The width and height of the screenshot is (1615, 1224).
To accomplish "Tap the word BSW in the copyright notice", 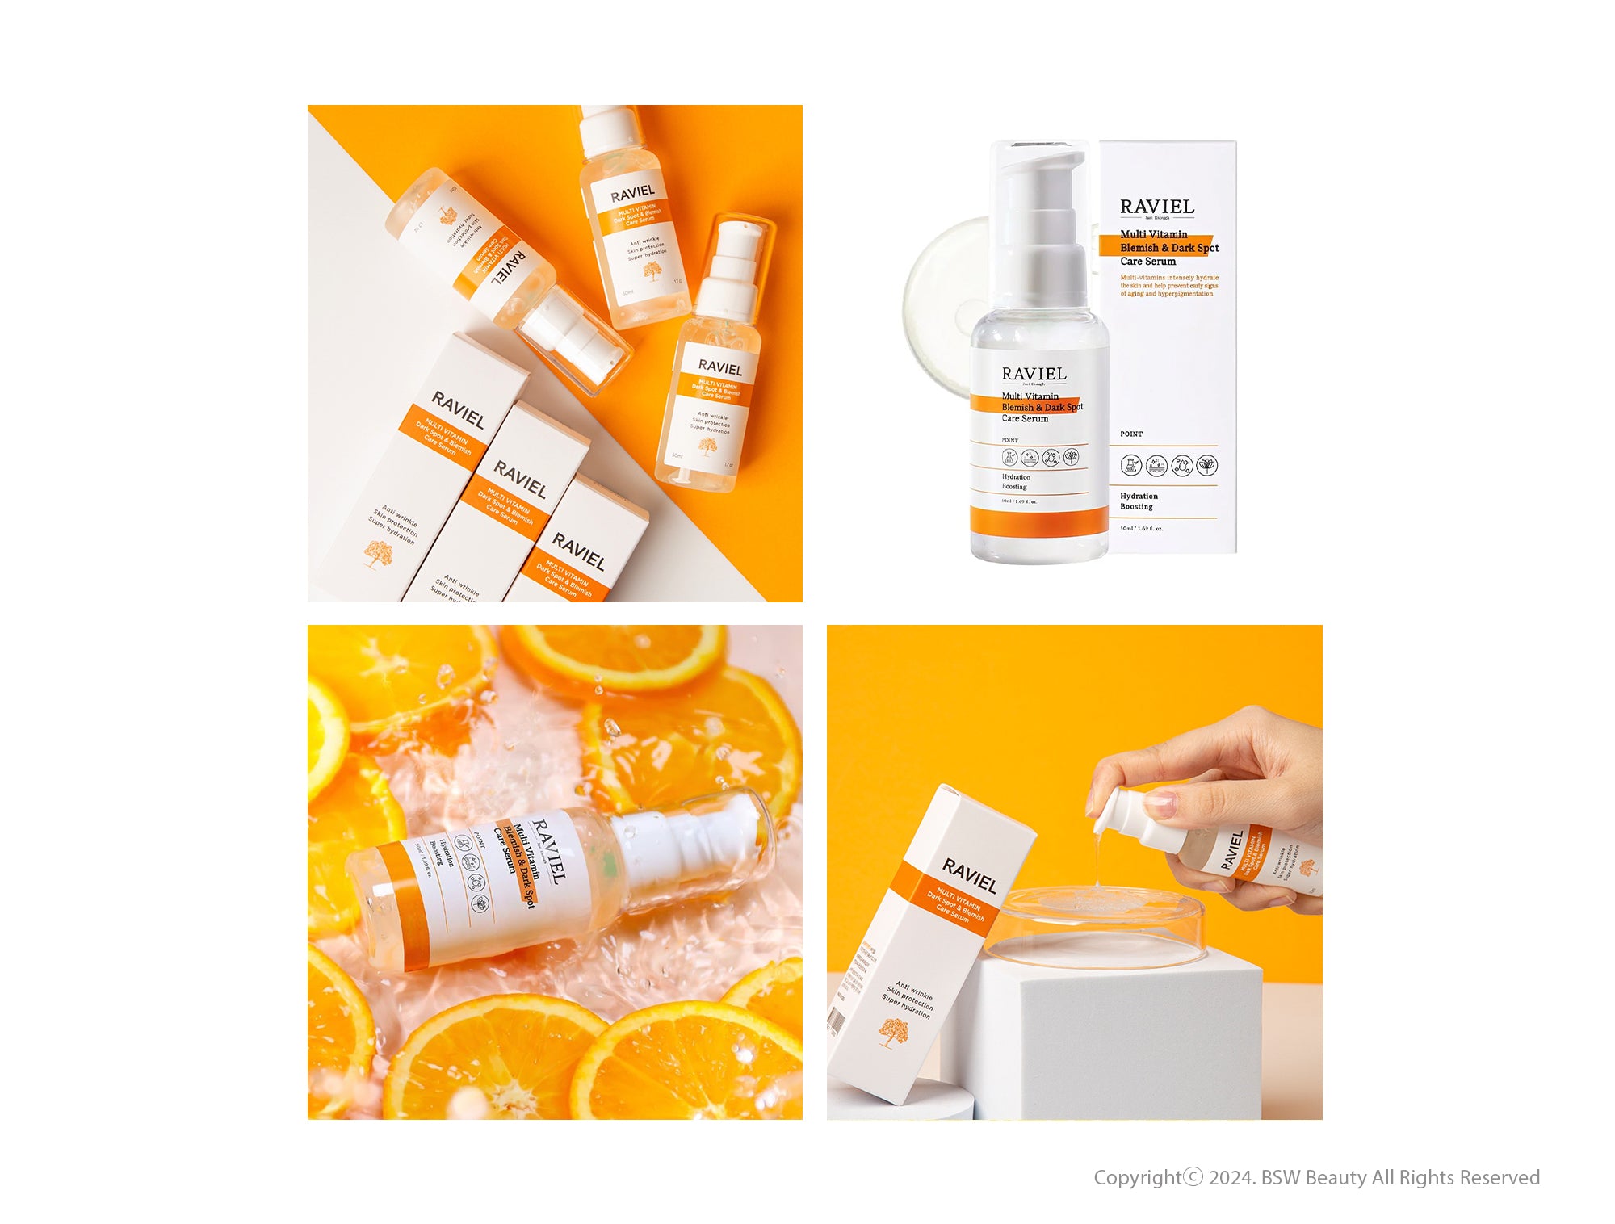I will click(1281, 1178).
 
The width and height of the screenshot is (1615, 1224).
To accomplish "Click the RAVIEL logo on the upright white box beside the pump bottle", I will click(1156, 207).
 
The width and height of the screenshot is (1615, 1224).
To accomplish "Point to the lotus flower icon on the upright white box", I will click(1206, 464).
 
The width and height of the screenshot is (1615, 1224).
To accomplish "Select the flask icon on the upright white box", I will click(1130, 464).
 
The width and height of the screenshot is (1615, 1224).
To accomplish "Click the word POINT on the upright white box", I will click(1131, 434).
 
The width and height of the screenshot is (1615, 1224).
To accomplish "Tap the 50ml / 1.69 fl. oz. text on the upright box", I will click(1141, 529).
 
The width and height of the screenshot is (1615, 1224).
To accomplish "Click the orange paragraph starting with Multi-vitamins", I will click(1168, 286).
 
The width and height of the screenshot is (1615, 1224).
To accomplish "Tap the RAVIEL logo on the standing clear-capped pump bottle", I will click(1034, 374).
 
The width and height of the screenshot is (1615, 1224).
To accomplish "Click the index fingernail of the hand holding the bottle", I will click(1160, 803).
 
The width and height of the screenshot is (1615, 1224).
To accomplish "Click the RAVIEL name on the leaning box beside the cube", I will click(970, 876).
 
